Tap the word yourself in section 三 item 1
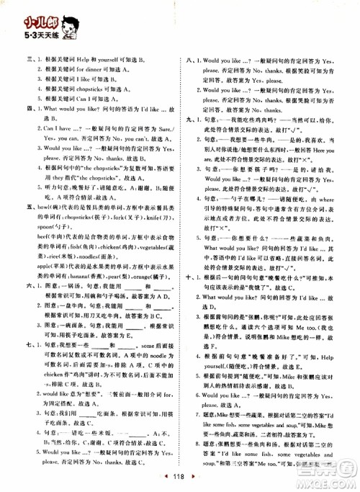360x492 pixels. [x=110, y=61]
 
